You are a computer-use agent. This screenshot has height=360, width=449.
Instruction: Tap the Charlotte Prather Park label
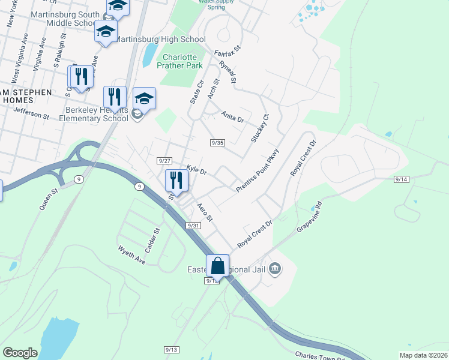pos(179,61)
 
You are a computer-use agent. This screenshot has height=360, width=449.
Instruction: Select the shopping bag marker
pos(217,265)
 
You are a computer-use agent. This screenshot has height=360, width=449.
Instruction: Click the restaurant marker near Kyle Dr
pos(176,179)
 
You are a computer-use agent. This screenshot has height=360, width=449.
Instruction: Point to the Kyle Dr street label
pos(196,170)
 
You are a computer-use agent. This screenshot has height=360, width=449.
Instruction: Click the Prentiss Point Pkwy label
pos(258,170)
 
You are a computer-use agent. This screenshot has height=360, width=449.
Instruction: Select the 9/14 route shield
pos(402,179)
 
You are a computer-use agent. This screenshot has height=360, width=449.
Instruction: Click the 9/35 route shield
pos(217,142)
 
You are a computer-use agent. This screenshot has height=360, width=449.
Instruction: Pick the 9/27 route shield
pos(164,160)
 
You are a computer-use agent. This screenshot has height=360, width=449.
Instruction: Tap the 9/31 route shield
pos(192,225)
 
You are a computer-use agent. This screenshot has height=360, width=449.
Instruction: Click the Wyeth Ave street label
pos(131,255)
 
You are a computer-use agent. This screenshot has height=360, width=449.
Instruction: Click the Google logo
pos(20,353)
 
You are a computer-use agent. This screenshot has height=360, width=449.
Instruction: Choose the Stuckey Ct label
pos(259,127)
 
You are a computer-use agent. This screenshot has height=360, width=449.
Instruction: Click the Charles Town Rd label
pos(319,355)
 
